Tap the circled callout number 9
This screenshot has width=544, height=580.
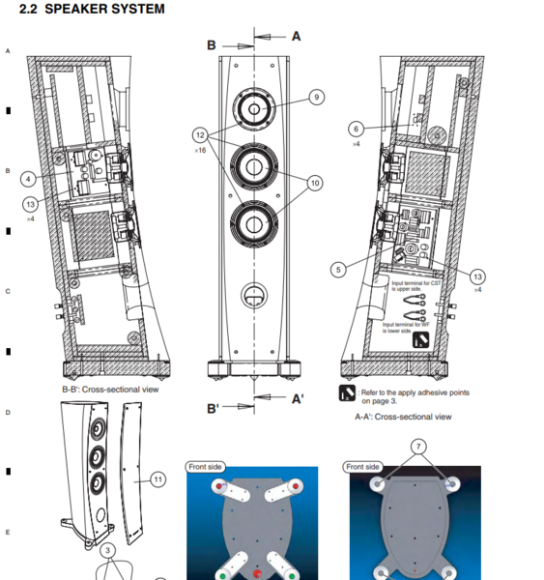tap(317, 97)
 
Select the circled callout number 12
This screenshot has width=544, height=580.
tap(200, 133)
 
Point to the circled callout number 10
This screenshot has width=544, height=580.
tap(315, 182)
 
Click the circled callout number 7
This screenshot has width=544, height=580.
tap(417, 447)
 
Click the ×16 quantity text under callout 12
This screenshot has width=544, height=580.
tap(201, 151)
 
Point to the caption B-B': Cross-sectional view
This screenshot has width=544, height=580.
tap(109, 390)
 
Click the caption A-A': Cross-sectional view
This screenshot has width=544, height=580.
tap(403, 417)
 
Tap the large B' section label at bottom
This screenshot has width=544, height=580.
tap(214, 409)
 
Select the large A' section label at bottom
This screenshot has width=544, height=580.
tap(298, 398)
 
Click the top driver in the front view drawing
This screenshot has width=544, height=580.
tap(254, 109)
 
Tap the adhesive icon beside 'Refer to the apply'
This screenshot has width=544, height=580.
tap(347, 392)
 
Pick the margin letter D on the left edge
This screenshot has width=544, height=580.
tap(8, 413)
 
